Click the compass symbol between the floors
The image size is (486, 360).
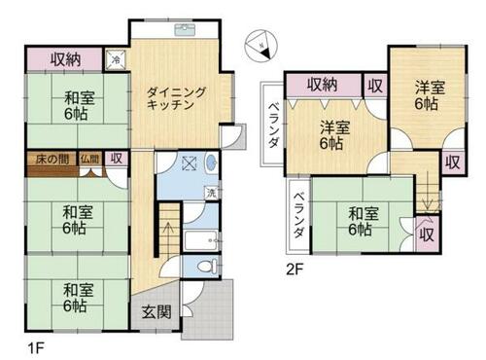tap(261, 45)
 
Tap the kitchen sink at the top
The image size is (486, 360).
tap(185, 30)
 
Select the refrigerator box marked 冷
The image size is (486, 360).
tap(116, 59)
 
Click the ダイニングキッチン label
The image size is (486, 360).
tap(176, 98)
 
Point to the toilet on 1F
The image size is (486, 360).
tap(207, 266)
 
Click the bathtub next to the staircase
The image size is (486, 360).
tap(201, 240)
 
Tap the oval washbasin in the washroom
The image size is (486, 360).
tap(211, 162)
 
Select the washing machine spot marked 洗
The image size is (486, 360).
tap(211, 194)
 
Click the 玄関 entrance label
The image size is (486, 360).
tap(156, 312)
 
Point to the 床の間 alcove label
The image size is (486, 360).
tap(52, 160)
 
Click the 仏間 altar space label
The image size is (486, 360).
tap(89, 159)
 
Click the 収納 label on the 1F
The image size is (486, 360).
tap(66, 59)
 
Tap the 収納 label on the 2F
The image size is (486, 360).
tap(323, 85)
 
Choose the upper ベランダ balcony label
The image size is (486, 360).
tap(274, 125)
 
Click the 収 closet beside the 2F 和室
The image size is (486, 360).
tap(427, 234)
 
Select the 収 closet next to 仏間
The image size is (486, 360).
tap(117, 159)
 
